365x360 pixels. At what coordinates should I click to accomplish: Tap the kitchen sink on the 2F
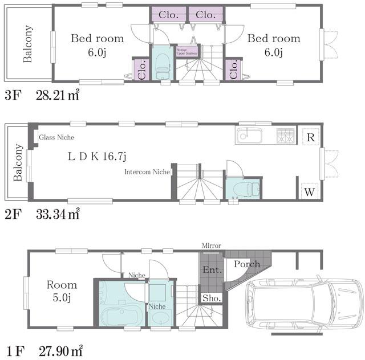(249, 137)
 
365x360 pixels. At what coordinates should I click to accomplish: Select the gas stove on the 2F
(285, 136)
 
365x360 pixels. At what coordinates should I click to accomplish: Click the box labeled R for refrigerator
(310, 137)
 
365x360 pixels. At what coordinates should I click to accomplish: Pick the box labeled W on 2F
(309, 191)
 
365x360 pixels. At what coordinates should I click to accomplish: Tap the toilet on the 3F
(162, 67)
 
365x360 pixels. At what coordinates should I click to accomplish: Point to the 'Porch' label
(246, 264)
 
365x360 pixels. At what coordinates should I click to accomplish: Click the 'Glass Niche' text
(56, 137)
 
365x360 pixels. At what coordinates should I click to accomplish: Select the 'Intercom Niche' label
(147, 171)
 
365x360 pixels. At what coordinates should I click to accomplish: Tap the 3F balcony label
(27, 44)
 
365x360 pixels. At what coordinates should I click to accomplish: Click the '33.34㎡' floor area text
(58, 214)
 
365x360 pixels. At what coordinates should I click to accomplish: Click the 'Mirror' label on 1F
(211, 246)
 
